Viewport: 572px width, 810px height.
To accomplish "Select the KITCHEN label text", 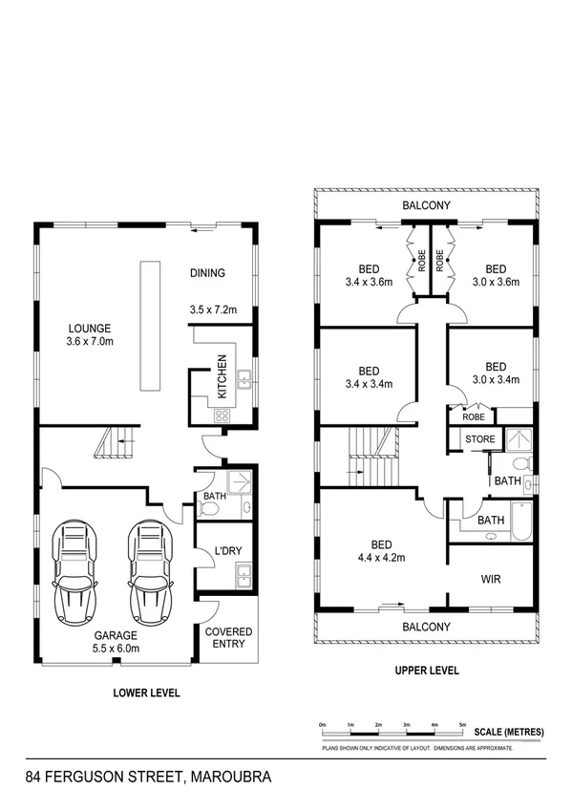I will [222, 376].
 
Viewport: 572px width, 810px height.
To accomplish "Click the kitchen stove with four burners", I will [222, 415].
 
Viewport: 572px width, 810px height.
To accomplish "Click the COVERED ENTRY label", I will [229, 637].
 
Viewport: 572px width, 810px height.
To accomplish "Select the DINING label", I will [207, 273].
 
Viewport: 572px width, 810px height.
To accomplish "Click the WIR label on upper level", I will [492, 579].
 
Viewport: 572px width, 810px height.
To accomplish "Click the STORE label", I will [479, 439].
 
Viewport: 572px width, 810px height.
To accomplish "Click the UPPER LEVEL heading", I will [427, 671].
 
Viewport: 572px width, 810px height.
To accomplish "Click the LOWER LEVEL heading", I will [147, 693].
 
